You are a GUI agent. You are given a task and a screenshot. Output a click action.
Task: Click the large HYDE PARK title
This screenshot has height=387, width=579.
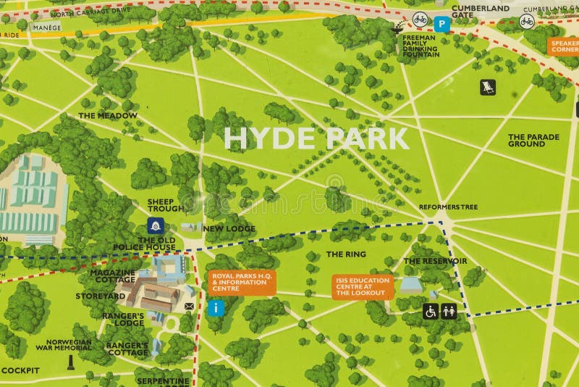(x=316, y=138)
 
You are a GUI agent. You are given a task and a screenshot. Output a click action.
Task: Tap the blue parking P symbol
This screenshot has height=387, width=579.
(x=442, y=23)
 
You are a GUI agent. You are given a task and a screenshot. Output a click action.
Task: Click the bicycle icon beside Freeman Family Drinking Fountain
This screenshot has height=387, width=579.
(x=420, y=20)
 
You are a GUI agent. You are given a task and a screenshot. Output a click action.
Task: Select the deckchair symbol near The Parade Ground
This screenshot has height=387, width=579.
(x=488, y=87)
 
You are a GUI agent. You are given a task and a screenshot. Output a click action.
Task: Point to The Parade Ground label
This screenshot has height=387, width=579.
(x=526, y=140)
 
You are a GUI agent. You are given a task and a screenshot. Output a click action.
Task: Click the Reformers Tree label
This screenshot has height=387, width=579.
(x=448, y=207)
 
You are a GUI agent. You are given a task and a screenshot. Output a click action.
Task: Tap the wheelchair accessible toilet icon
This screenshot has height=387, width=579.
(x=430, y=312)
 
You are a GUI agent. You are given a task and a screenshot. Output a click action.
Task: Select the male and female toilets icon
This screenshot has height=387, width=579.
(x=449, y=312)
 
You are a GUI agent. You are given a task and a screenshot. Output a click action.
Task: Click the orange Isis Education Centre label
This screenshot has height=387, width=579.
(x=363, y=287)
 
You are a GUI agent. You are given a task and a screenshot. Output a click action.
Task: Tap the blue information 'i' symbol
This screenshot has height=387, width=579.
(x=214, y=308)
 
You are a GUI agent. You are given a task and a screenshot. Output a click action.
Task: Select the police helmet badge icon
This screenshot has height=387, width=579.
(x=153, y=225)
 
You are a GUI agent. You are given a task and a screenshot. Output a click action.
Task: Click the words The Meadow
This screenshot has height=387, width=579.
(x=107, y=115)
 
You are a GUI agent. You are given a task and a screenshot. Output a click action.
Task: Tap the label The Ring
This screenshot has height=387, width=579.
(x=346, y=254)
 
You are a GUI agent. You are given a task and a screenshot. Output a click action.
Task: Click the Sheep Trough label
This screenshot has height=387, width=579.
(x=165, y=204)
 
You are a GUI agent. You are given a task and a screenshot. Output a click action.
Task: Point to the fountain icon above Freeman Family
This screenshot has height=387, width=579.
(x=397, y=28)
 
